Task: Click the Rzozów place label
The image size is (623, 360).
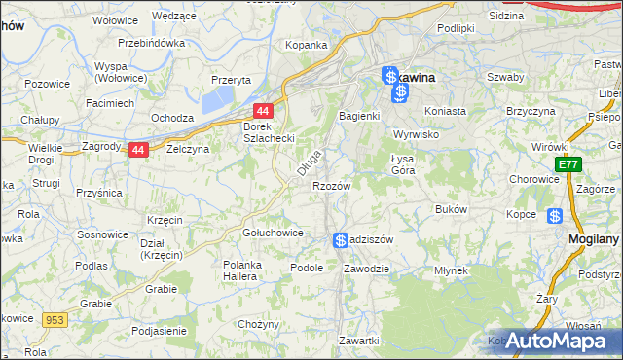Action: tap(330, 185)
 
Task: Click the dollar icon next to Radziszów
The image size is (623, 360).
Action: tap(340, 240)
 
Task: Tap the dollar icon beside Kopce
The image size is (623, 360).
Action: tap(555, 216)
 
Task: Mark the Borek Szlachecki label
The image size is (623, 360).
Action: tap(269, 132)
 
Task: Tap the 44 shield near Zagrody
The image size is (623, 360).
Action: tap(139, 150)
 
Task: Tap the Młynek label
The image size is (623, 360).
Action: tap(451, 270)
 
